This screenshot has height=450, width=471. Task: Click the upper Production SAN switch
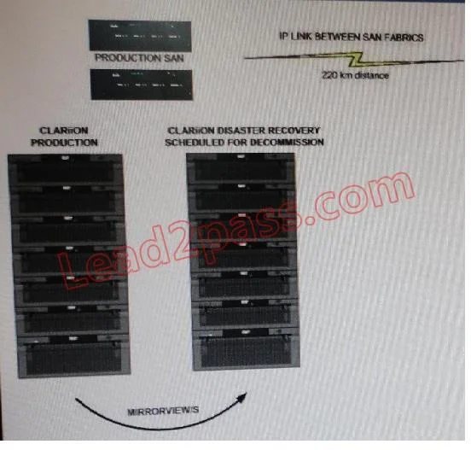click(x=140, y=36)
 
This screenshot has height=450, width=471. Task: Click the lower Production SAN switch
click(x=142, y=85)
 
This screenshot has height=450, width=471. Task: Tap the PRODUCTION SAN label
click(x=139, y=58)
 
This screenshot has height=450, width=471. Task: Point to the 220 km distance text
click(x=355, y=75)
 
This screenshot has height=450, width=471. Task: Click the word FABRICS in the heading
click(x=404, y=38)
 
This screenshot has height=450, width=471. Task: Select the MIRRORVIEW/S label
click(x=163, y=412)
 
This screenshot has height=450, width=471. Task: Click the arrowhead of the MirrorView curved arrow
click(x=242, y=397)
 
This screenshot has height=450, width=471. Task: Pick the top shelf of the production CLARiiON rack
click(x=65, y=169)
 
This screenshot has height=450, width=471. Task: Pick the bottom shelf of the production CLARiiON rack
click(x=73, y=356)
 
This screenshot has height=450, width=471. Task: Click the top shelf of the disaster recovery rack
click(x=241, y=167)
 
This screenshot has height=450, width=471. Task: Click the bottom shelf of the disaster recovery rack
click(x=247, y=349)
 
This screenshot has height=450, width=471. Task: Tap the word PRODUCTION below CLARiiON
click(x=64, y=143)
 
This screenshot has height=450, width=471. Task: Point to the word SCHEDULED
click(x=195, y=143)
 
